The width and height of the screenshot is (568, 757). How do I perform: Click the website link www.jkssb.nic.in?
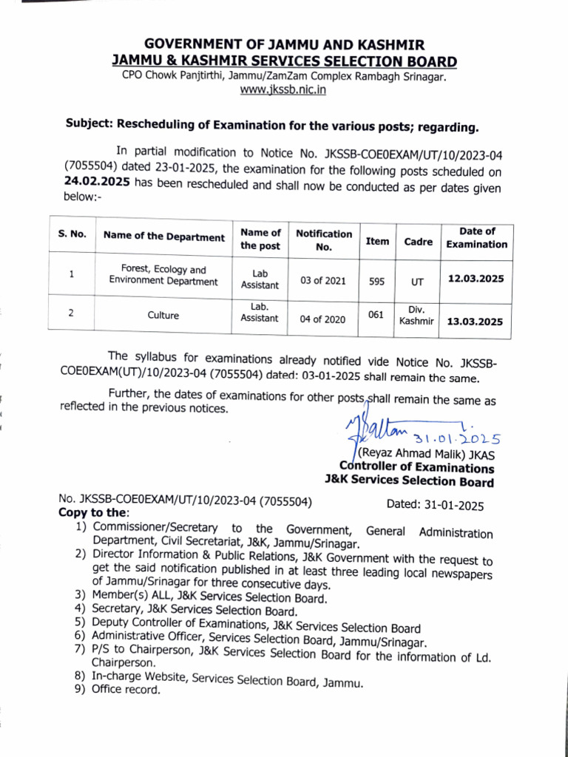(283, 90)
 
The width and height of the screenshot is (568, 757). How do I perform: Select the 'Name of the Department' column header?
(163, 237)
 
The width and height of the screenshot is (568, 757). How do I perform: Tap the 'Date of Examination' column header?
(476, 237)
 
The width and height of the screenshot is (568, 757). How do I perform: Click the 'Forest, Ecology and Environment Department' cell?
(163, 275)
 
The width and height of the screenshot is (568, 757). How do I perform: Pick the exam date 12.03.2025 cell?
(476, 279)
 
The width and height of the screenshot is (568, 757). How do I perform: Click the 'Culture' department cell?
(163, 316)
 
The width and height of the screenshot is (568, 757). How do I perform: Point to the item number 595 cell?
(377, 281)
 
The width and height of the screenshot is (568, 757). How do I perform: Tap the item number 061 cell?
(376, 314)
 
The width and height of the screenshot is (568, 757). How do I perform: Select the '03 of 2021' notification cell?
(323, 280)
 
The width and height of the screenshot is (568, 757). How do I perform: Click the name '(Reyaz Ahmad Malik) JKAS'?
(425, 454)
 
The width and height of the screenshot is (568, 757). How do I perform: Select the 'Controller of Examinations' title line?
(416, 468)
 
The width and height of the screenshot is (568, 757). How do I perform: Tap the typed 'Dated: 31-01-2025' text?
(435, 506)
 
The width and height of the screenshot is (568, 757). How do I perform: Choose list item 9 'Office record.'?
(126, 690)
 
